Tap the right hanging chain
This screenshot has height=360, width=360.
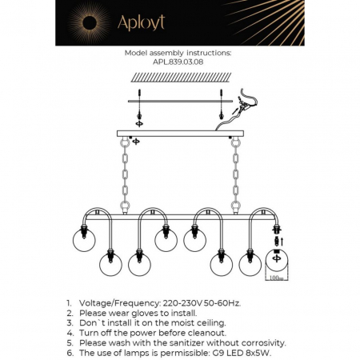point(236,176)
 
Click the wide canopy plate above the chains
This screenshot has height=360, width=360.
point(180,134)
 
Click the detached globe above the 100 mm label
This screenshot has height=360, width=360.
point(274,263)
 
